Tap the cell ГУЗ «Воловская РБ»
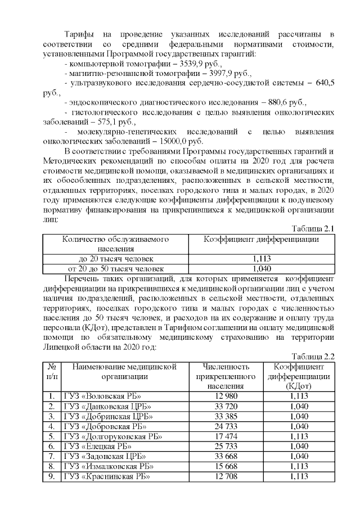102,395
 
